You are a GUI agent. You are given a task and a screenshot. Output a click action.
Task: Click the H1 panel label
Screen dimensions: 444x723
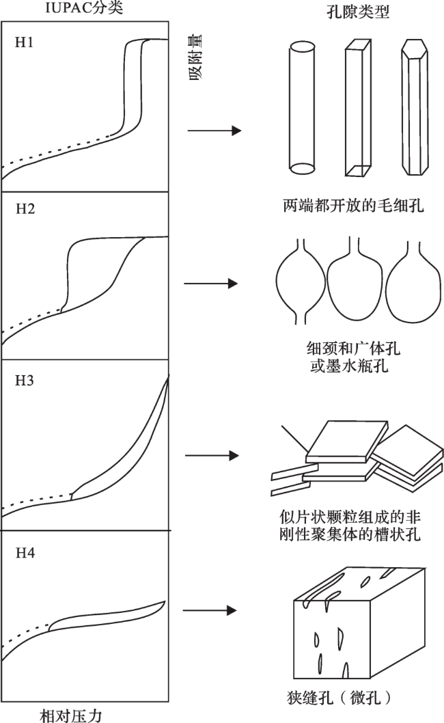(25, 42)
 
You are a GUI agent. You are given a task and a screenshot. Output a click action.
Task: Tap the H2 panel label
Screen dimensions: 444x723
(25, 209)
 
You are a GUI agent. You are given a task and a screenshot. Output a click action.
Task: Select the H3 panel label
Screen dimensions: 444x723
(25, 381)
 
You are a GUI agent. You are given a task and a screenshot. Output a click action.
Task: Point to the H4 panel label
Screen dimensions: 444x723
(25, 553)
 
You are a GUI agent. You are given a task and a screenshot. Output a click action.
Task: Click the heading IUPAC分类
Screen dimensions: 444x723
(84, 8)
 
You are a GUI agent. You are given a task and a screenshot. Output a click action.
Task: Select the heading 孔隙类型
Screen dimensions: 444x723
(358, 11)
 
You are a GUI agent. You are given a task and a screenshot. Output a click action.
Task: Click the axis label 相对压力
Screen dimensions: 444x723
(70, 715)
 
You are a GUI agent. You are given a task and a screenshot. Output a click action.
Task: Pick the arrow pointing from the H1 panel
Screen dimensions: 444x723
(214, 131)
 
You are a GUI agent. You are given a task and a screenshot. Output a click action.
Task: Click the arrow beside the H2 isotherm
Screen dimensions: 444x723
(210, 283)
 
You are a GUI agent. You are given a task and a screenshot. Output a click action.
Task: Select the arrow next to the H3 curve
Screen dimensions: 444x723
(212, 456)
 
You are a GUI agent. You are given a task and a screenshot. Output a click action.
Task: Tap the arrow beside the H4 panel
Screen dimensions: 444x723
(210, 610)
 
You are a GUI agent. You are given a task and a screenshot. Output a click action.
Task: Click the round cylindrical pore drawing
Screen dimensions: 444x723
(303, 108)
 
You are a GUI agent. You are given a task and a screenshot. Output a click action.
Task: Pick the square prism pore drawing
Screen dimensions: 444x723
(358, 107)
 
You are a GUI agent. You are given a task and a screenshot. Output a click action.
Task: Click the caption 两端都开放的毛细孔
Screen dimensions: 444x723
(353, 205)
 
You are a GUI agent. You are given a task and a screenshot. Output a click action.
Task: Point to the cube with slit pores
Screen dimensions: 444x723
(359, 623)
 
